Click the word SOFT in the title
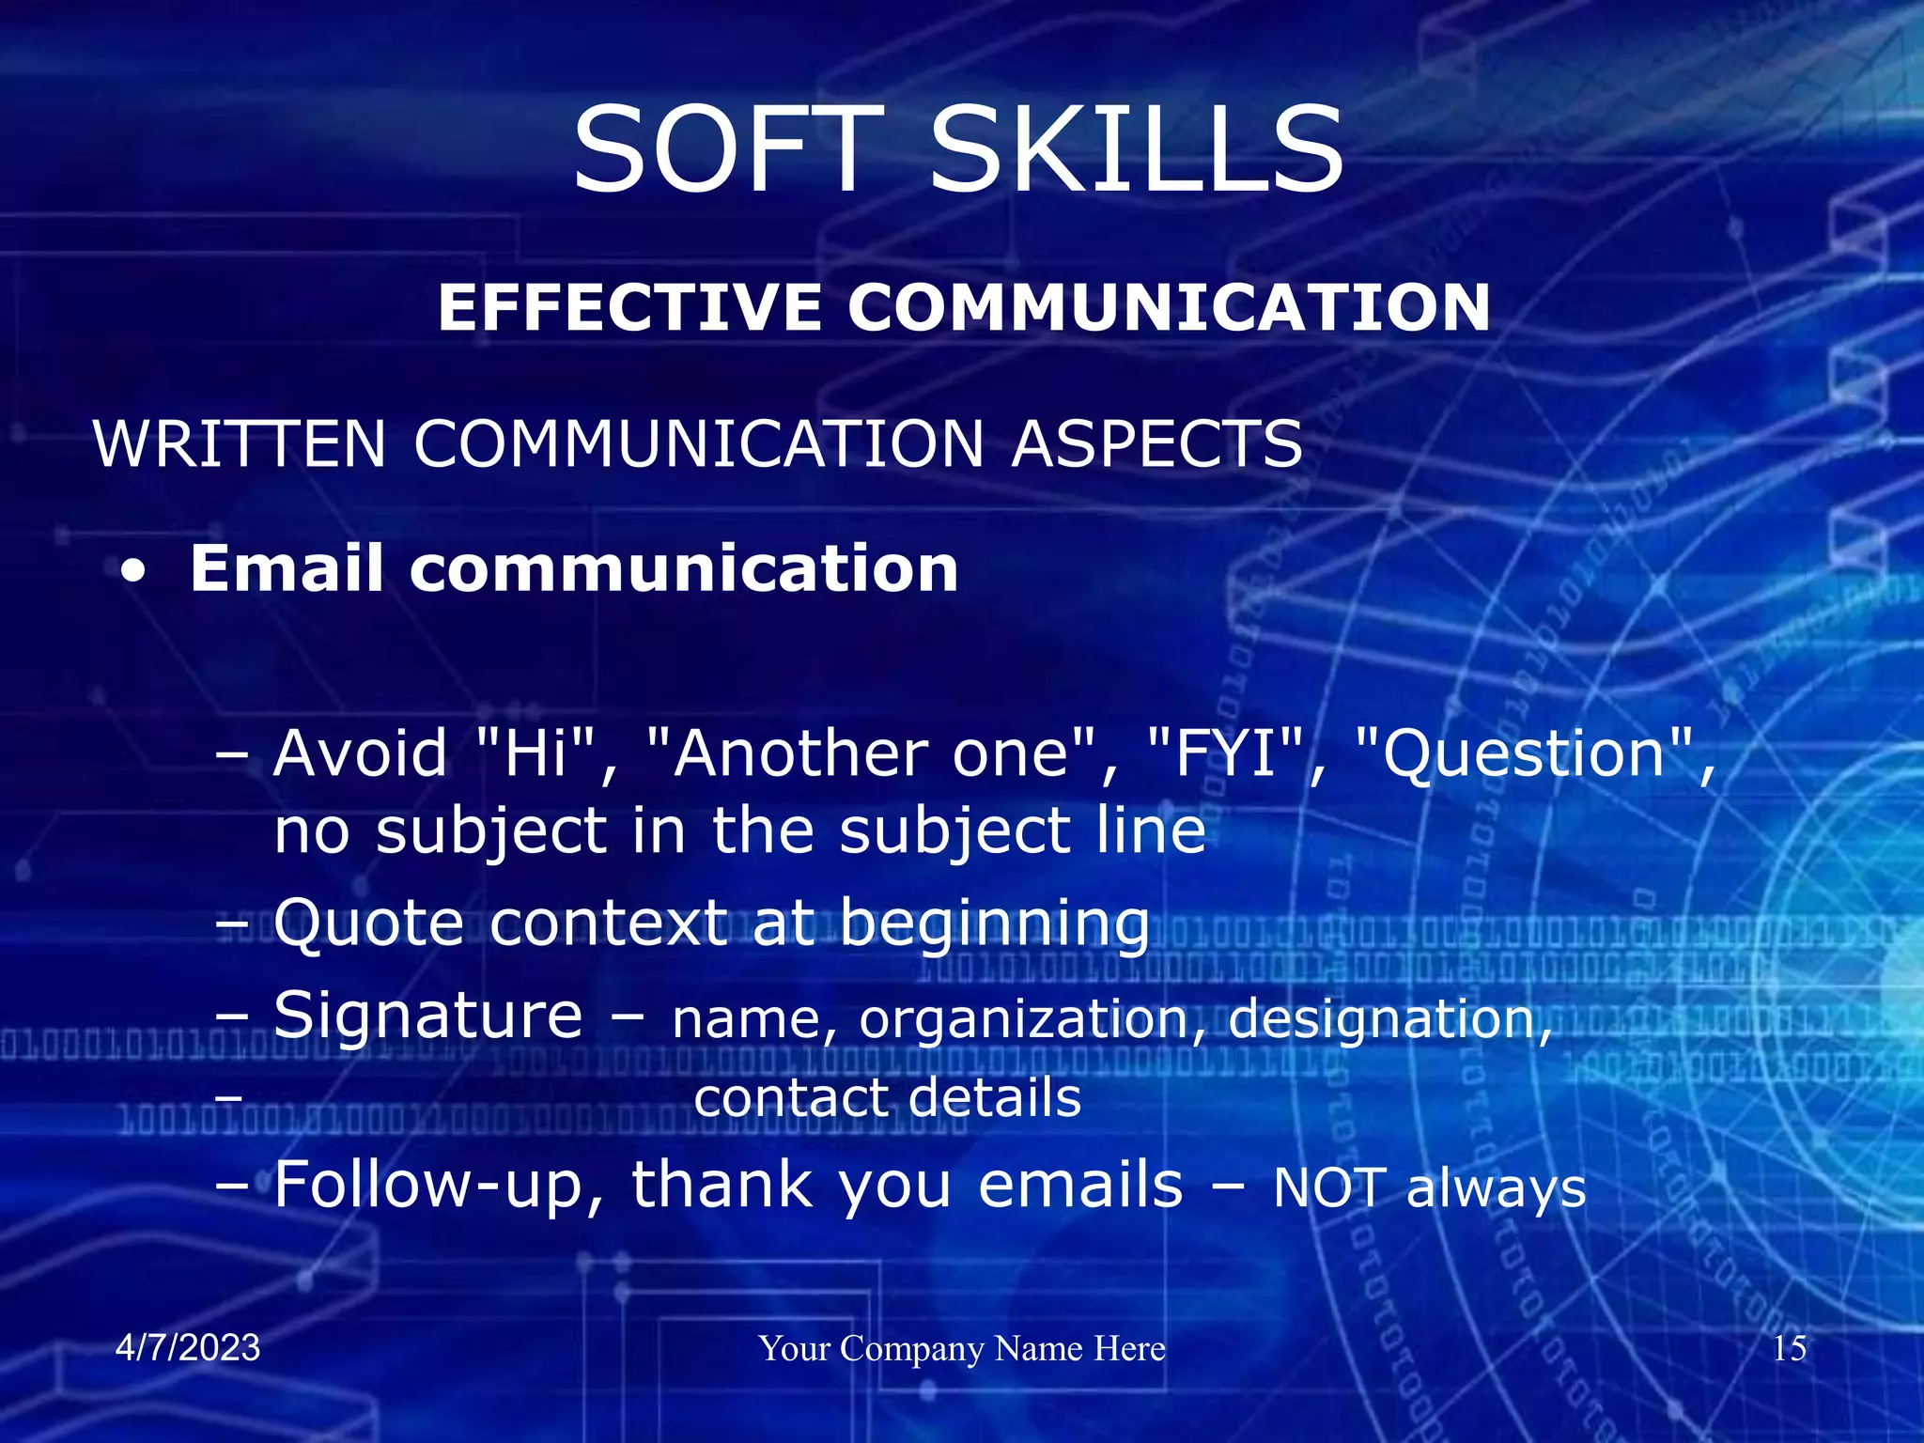pyautogui.click(x=729, y=150)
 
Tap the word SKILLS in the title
pyautogui.click(x=1137, y=150)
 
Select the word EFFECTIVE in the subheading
pyautogui.click(x=630, y=308)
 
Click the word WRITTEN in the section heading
pyautogui.click(x=240, y=443)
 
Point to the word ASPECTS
pyautogui.click(x=1157, y=443)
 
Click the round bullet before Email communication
pyautogui.click(x=133, y=572)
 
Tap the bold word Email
pyautogui.click(x=287, y=569)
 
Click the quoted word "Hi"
pyautogui.click(x=535, y=753)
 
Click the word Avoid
pyautogui.click(x=360, y=753)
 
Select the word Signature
pyautogui.click(x=427, y=1016)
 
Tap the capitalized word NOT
pyautogui.click(x=1328, y=1187)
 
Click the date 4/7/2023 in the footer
pyautogui.click(x=188, y=1348)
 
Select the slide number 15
pyautogui.click(x=1789, y=1348)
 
